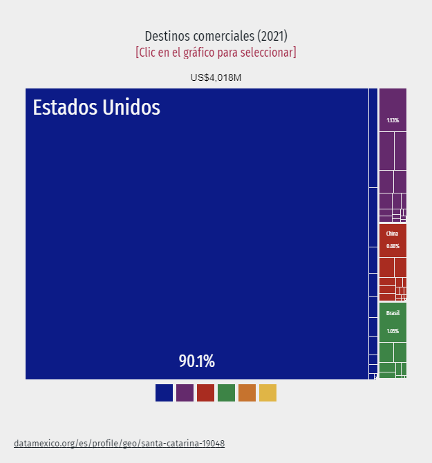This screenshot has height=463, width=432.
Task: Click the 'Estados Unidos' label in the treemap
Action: [97, 108]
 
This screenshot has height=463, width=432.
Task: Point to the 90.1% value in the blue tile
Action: [197, 361]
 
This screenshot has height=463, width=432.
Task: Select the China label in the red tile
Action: [392, 234]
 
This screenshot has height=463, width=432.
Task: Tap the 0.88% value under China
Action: [393, 246]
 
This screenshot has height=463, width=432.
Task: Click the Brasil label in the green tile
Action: [393, 313]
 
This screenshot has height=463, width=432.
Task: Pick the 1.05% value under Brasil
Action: [393, 331]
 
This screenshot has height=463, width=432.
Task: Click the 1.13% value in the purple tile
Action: [393, 120]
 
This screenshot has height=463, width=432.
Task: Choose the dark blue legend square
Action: [164, 393]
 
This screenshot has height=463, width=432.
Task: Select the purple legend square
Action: [185, 393]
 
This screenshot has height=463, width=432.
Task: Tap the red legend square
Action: [205, 393]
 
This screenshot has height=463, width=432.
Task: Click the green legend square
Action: [226, 393]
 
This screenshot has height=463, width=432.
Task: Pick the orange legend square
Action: [247, 393]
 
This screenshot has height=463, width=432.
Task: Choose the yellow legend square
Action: [267, 393]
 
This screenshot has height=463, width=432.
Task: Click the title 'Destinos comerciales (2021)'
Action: [216, 36]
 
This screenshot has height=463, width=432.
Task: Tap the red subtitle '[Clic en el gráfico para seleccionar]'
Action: [216, 53]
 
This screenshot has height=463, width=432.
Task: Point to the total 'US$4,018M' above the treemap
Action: [216, 77]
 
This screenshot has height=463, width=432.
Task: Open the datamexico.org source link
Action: [119, 443]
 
